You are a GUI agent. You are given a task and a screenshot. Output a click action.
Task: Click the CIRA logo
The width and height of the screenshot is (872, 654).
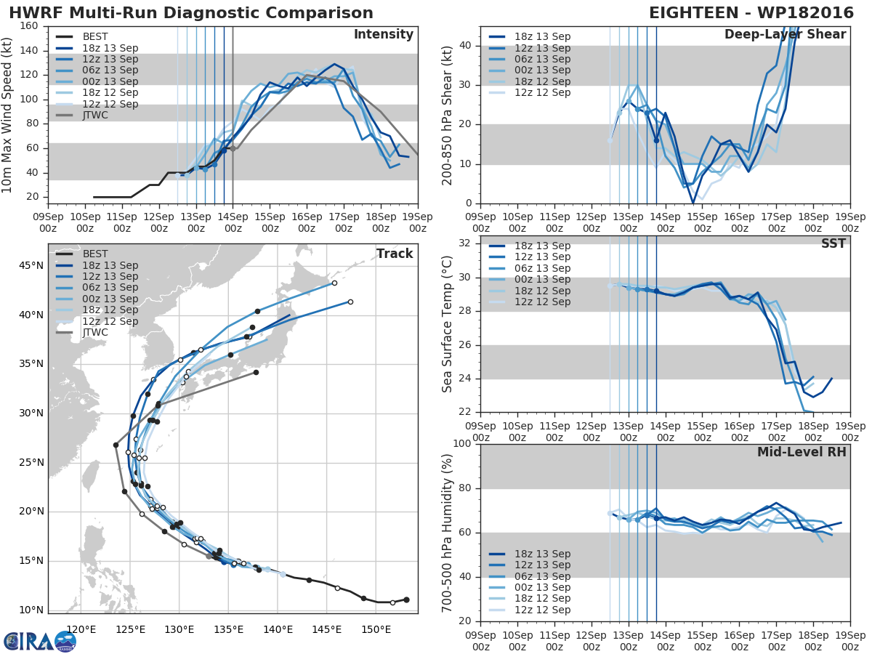(40, 642)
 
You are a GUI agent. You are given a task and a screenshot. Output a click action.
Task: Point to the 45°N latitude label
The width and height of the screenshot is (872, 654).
(31, 265)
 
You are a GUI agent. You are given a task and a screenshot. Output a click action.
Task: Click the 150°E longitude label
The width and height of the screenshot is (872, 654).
(376, 629)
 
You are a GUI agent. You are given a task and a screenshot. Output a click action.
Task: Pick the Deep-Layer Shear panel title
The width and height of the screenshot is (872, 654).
(786, 35)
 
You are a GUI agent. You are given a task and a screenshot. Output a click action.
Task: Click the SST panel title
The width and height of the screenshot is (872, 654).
(833, 243)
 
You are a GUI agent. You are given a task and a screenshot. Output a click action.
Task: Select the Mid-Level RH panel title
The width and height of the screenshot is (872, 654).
(802, 452)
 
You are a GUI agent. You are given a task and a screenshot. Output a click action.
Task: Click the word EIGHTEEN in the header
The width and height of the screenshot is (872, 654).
(694, 13)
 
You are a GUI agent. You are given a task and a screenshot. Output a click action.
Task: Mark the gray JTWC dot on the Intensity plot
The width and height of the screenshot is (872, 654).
(233, 148)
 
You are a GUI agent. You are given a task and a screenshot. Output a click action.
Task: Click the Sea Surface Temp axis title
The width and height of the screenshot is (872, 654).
(447, 324)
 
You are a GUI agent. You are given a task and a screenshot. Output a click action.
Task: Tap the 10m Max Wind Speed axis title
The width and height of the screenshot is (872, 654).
(6, 116)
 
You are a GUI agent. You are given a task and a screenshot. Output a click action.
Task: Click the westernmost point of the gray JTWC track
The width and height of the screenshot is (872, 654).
(116, 445)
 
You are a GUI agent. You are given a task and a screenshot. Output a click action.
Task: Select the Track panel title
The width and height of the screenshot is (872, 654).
(395, 254)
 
